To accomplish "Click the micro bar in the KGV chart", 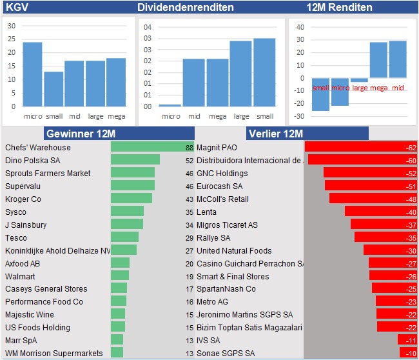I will pyautogui.click(x=33, y=74).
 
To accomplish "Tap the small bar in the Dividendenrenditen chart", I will pyautogui.click(x=264, y=72).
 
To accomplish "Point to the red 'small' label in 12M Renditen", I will pyautogui.click(x=320, y=88).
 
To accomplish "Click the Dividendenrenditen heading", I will pyautogui.click(x=186, y=8).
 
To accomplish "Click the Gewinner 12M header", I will pyautogui.click(x=80, y=134).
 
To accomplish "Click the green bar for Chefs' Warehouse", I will pyautogui.click(x=148, y=147).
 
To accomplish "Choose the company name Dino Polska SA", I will pyautogui.click(x=33, y=160).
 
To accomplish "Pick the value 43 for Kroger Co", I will pyautogui.click(x=189, y=199).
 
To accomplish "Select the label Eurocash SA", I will pyautogui.click(x=220, y=186).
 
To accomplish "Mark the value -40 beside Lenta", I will pyautogui.click(x=410, y=212).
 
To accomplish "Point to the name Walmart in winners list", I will pyautogui.click(x=19, y=276).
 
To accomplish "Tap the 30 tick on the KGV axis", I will pyautogui.click(x=12, y=26).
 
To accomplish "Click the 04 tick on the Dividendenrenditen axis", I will pyautogui.click(x=148, y=27).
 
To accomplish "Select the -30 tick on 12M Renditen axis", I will pyautogui.click(x=298, y=116).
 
